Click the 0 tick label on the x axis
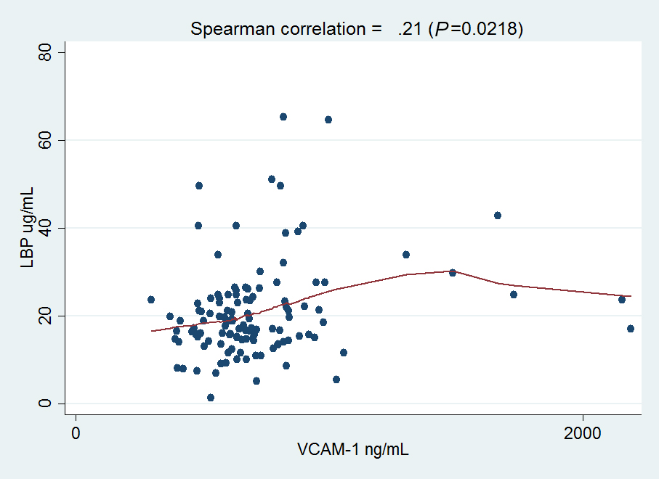point(76,433)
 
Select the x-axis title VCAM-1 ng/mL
point(353,450)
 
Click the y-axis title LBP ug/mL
point(28,228)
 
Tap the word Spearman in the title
point(225,29)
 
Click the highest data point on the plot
point(283,117)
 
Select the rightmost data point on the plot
point(631,329)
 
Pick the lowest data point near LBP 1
point(211,398)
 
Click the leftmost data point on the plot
point(151,300)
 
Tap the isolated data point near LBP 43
point(498,216)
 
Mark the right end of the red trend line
point(631,296)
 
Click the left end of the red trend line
point(152,331)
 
